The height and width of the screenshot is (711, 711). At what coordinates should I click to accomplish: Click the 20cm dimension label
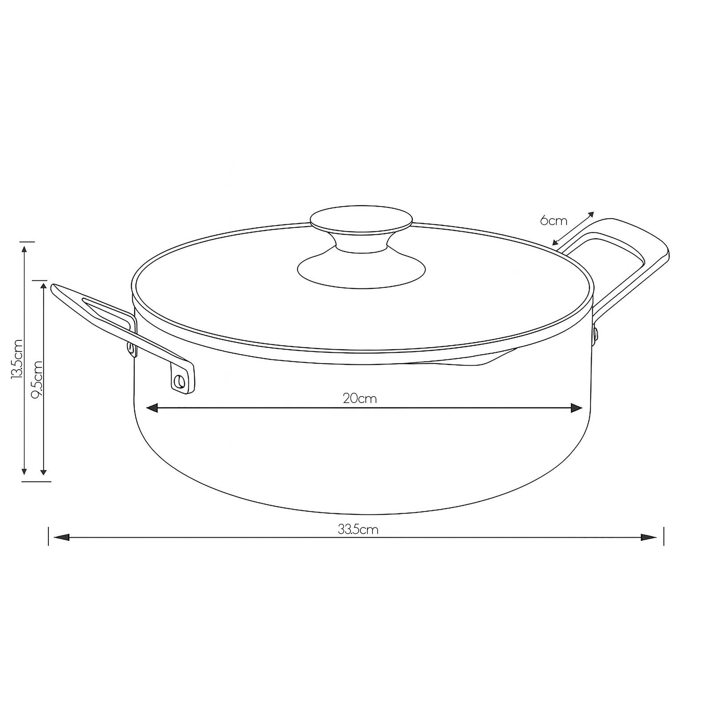point(359,399)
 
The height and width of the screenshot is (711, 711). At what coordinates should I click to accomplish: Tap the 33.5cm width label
point(358,529)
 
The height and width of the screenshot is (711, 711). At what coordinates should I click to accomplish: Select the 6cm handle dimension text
point(554,220)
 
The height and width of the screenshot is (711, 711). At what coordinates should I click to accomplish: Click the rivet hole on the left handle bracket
point(180,381)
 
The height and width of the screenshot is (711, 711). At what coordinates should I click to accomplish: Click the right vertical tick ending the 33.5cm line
point(663,536)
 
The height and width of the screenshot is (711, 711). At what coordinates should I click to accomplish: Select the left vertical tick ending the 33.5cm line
point(48,536)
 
